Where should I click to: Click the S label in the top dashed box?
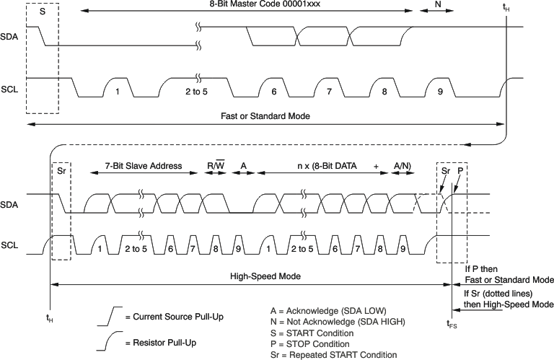coord(42,12)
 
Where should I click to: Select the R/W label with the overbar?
coord(216,166)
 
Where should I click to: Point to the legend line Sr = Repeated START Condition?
coord(333,354)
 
